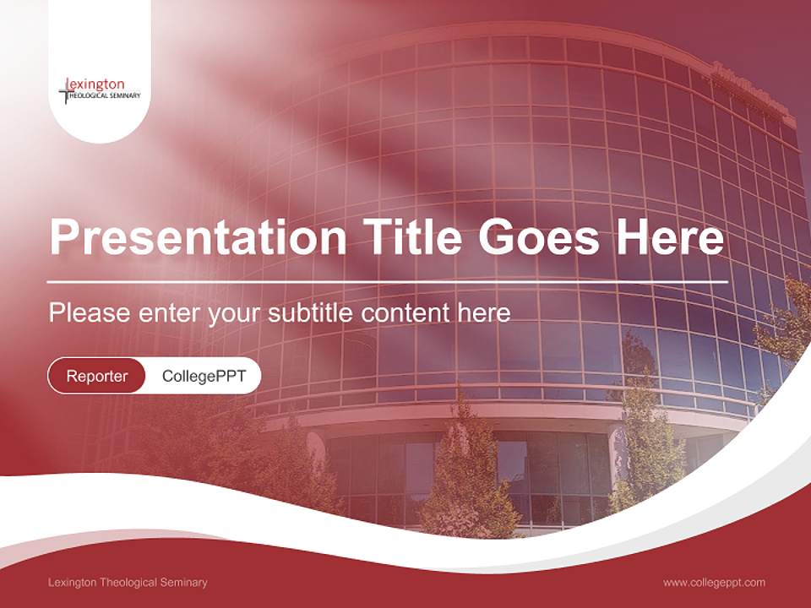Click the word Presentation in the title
click(198, 237)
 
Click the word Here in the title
click(670, 237)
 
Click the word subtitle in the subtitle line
click(312, 313)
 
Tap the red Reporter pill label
click(96, 376)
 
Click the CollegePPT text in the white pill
click(204, 376)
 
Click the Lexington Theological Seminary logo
click(100, 90)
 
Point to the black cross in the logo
click(64, 91)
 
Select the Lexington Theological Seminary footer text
click(128, 582)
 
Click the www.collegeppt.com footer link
click(714, 582)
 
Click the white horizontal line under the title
click(387, 281)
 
